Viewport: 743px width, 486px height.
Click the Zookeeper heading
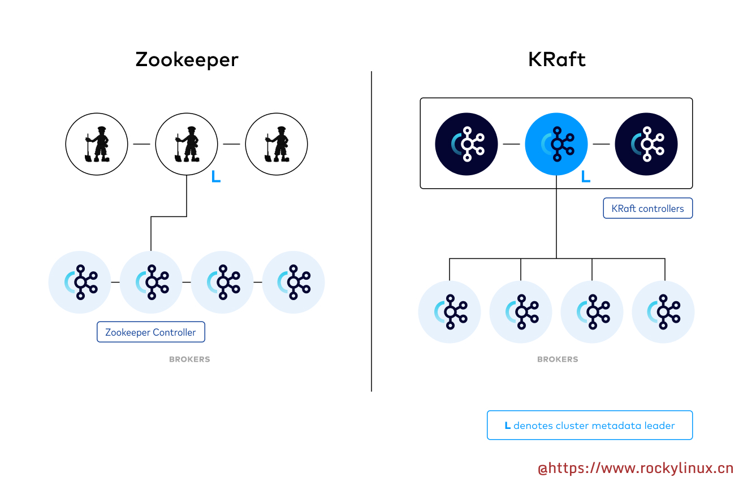pyautogui.click(x=187, y=59)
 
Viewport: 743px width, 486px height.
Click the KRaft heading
pyautogui.click(x=556, y=59)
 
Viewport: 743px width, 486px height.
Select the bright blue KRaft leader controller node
pyautogui.click(x=556, y=144)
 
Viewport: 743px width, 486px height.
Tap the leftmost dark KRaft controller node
pyautogui.click(x=466, y=144)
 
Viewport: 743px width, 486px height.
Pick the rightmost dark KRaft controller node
pyautogui.click(x=646, y=144)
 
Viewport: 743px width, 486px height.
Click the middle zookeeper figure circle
pyautogui.click(x=187, y=144)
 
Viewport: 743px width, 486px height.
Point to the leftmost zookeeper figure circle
pyautogui.click(x=97, y=144)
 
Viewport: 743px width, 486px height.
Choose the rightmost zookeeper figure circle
pyautogui.click(x=276, y=144)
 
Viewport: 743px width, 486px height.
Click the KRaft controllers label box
pyautogui.click(x=647, y=209)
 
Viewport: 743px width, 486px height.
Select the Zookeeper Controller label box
pyautogui.click(x=150, y=332)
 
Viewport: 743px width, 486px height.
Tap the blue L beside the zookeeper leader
pyautogui.click(x=215, y=177)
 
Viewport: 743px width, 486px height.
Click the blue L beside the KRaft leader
pyautogui.click(x=586, y=177)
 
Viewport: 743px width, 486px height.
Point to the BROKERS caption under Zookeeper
pyautogui.click(x=189, y=359)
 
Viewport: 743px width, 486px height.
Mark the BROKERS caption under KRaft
pyautogui.click(x=558, y=359)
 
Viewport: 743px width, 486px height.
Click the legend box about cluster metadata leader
pyautogui.click(x=590, y=426)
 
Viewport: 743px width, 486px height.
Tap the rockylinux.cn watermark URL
pyautogui.click(x=635, y=468)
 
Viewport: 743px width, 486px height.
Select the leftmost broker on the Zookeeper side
pyautogui.click(x=80, y=282)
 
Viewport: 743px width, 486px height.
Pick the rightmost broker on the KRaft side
pyautogui.click(x=663, y=312)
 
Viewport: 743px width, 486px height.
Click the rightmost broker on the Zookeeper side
pyautogui.click(x=293, y=282)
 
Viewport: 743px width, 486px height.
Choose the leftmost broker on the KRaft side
pyautogui.click(x=450, y=312)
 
